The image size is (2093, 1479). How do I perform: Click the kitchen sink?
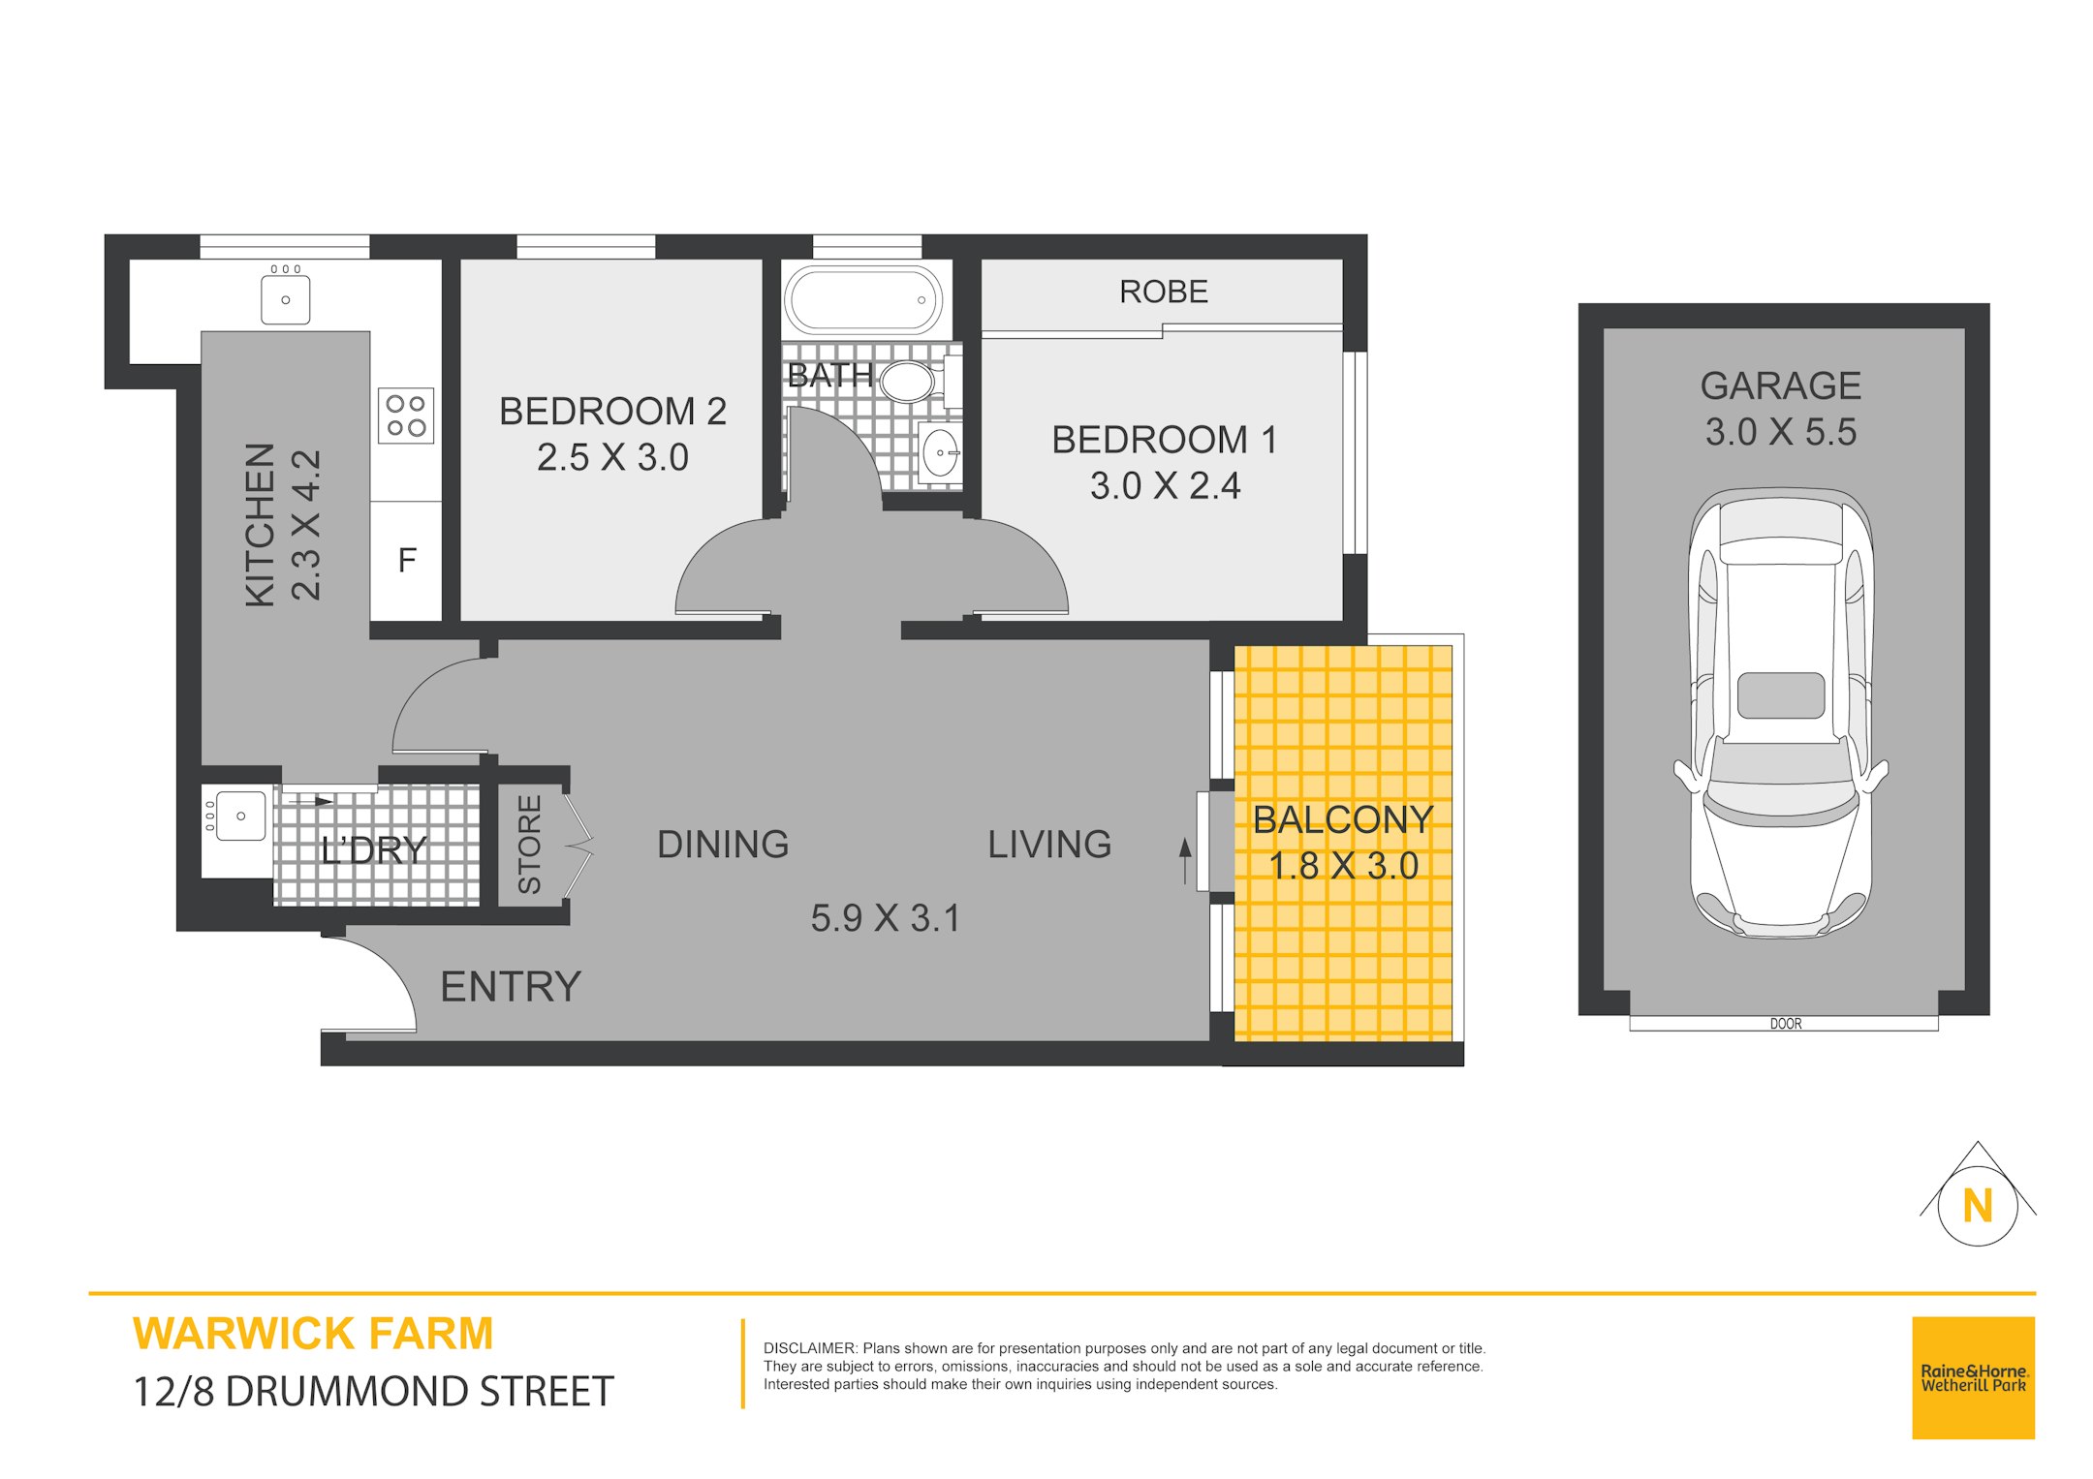click(286, 298)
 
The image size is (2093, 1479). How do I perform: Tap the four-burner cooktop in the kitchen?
click(406, 416)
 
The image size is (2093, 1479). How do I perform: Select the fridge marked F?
click(406, 561)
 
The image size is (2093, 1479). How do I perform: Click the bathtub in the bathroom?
click(862, 300)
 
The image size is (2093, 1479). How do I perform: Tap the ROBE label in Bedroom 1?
click(1164, 292)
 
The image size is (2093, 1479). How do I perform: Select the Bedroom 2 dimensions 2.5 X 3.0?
click(612, 457)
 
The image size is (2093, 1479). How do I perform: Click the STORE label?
click(529, 845)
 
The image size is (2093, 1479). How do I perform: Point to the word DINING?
click(723, 845)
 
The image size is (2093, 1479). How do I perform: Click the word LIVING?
click(1049, 845)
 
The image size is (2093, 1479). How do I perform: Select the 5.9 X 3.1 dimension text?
click(885, 918)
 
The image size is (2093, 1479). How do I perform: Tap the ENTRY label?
click(511, 987)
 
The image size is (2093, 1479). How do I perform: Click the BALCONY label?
click(1343, 820)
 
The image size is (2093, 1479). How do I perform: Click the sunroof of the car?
click(1781, 695)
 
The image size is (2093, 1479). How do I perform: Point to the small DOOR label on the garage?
click(1786, 1024)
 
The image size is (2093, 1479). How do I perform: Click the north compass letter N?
click(1978, 1207)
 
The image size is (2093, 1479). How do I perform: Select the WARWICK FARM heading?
click(313, 1334)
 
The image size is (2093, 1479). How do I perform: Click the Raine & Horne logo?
click(1974, 1377)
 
